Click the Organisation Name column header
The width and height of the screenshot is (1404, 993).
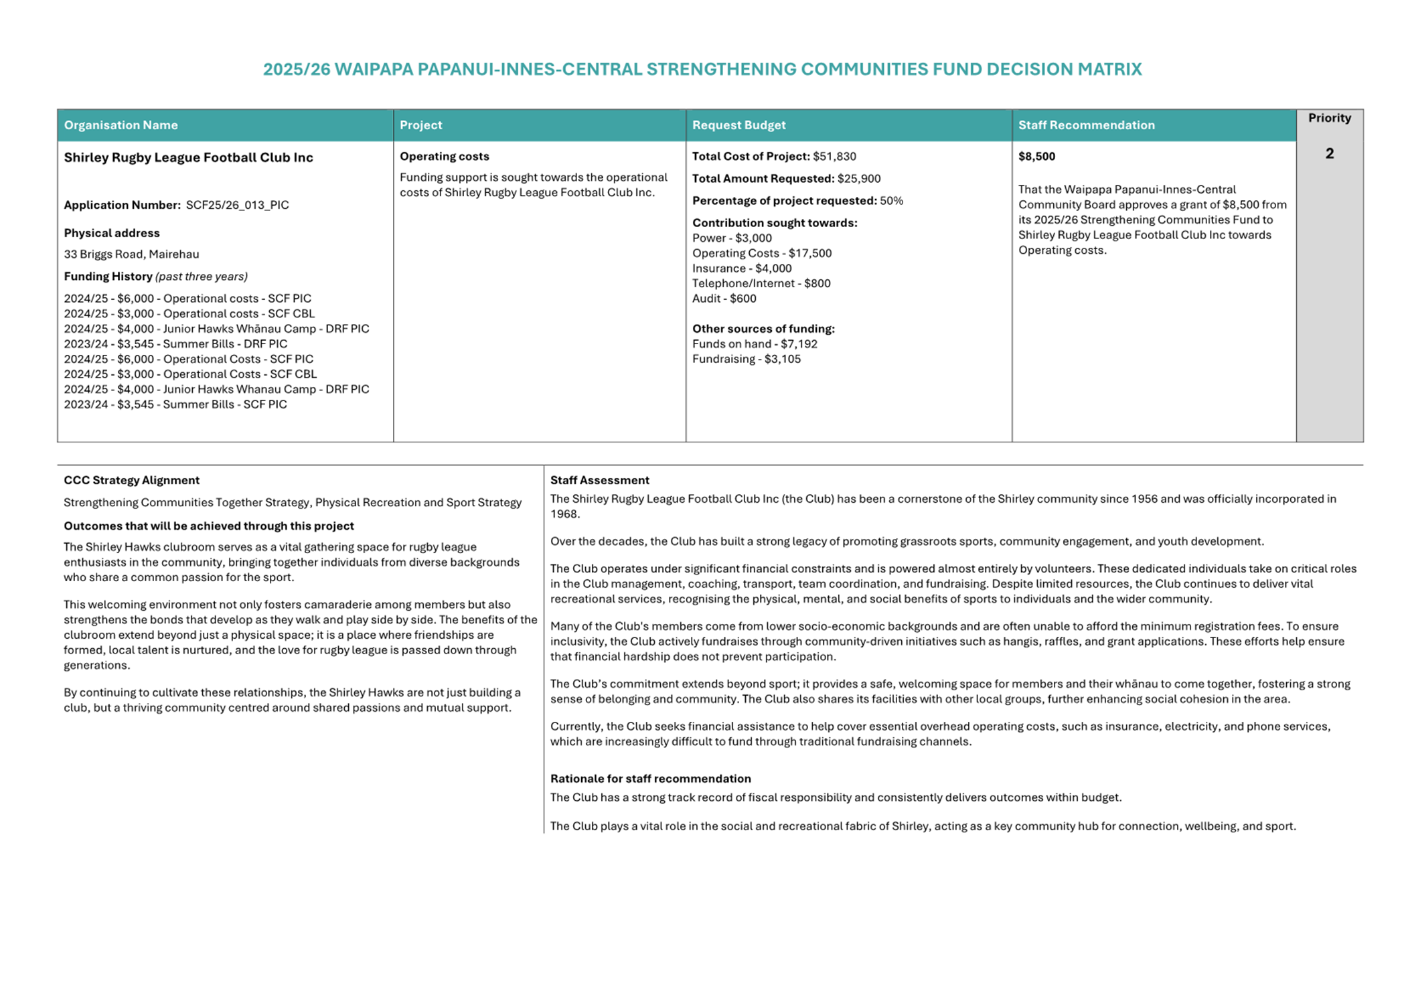click(121, 125)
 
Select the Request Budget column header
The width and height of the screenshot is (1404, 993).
click(738, 125)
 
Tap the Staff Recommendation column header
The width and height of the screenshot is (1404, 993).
click(1086, 125)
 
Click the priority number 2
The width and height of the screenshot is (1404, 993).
click(1329, 154)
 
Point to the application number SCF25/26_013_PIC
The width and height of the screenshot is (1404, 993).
click(237, 205)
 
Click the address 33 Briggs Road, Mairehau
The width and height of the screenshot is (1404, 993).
click(131, 254)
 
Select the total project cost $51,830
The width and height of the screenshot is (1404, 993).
click(834, 157)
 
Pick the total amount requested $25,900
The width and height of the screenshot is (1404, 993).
click(858, 179)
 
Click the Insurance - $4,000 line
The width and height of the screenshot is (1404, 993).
click(741, 269)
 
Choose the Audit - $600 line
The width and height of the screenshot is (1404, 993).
click(724, 299)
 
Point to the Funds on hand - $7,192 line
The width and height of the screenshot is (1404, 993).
click(755, 344)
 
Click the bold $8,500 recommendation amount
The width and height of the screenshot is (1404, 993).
click(1036, 157)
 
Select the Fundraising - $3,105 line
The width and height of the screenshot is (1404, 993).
click(746, 359)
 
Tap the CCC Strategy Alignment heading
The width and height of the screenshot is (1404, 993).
click(131, 480)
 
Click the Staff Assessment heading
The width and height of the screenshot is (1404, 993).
click(599, 480)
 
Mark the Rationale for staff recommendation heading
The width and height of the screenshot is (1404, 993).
click(650, 779)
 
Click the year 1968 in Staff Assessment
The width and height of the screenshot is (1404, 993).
click(564, 514)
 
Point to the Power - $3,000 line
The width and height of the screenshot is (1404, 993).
click(732, 238)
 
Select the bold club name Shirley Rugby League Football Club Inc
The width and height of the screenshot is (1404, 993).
click(188, 158)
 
